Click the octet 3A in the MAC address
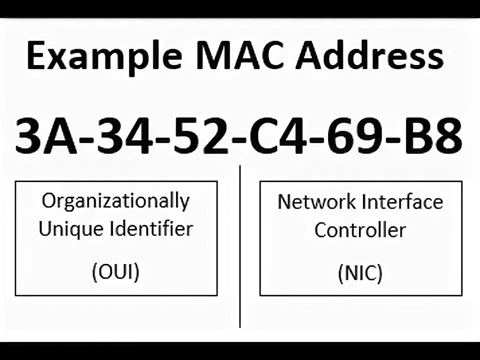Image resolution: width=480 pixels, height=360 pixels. pos(45,135)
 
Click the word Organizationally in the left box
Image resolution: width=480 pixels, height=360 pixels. pos(115,201)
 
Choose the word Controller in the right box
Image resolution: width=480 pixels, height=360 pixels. pos(360,230)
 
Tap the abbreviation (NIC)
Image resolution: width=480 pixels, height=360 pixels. pos(360,273)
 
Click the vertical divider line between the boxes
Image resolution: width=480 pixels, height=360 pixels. pos(240,250)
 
